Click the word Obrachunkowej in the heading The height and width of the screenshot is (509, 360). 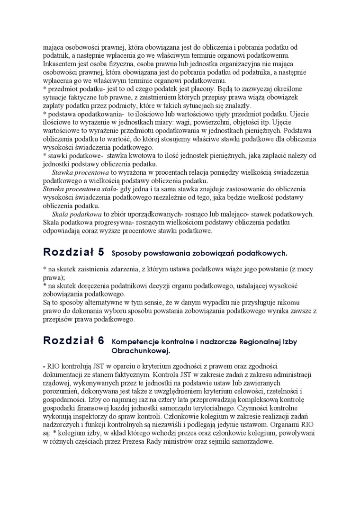[x=140, y=351]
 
